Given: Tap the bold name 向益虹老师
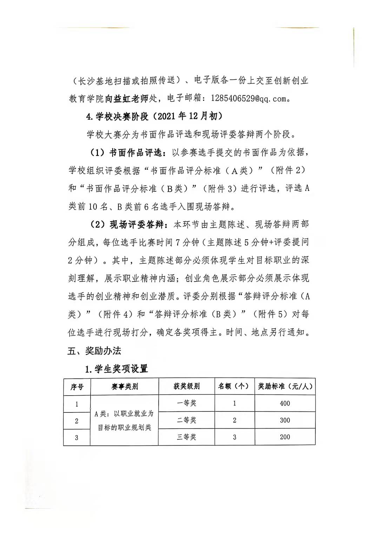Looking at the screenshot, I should point(127,99).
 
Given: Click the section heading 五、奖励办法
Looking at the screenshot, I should point(94,350).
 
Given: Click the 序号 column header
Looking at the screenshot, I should point(77,387).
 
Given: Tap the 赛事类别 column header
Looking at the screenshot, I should point(125,387).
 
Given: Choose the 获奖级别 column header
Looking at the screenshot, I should point(186,386).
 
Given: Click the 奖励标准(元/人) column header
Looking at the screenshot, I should point(285,386).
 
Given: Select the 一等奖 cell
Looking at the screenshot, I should point(186,403).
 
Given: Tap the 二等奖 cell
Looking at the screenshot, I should point(186,420).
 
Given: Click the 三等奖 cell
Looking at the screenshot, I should point(186,437).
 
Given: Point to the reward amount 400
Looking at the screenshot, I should point(285,403).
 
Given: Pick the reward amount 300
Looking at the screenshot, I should point(285,420).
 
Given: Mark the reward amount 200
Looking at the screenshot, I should point(285,437).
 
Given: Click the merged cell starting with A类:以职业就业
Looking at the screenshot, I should point(125,420).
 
